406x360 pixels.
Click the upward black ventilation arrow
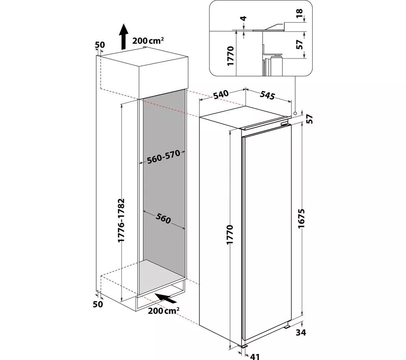(x=124, y=37)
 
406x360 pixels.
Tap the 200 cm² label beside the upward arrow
(x=148, y=40)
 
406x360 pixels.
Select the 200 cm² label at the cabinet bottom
(x=164, y=310)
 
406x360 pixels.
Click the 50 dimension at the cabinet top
(x=100, y=45)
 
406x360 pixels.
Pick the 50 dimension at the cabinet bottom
(x=98, y=304)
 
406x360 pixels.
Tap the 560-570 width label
(x=163, y=157)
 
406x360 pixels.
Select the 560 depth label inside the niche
(x=163, y=219)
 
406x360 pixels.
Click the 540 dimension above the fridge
(x=221, y=95)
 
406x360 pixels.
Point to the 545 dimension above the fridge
(x=267, y=95)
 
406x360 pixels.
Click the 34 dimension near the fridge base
(x=300, y=332)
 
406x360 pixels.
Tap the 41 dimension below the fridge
(x=255, y=356)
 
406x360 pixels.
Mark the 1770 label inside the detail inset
(x=230, y=56)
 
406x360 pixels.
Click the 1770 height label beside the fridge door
(x=230, y=235)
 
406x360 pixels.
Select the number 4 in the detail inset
(x=243, y=18)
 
